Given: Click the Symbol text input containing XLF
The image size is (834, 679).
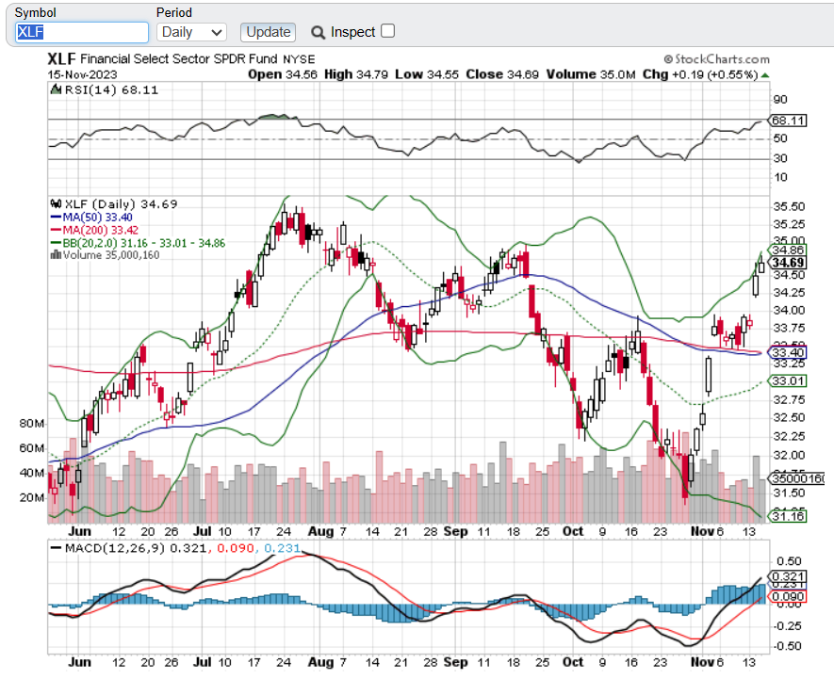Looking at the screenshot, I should pyautogui.click(x=82, y=32).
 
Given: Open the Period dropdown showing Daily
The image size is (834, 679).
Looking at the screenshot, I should pyautogui.click(x=191, y=32).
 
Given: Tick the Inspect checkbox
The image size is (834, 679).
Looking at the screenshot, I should pyautogui.click(x=387, y=31).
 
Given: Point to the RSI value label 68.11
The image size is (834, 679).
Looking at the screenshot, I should pyautogui.click(x=788, y=121).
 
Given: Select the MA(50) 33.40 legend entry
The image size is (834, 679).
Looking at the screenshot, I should pyautogui.click(x=95, y=217).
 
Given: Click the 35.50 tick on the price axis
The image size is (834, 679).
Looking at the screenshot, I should pyautogui.click(x=788, y=206).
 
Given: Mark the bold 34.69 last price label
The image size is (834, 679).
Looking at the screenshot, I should pyautogui.click(x=788, y=263).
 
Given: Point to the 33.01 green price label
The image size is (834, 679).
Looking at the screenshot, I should pyautogui.click(x=788, y=380).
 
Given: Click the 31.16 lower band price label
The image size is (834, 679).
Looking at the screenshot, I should pyautogui.click(x=788, y=516).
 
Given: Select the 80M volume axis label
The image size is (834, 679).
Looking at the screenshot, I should pyautogui.click(x=32, y=424).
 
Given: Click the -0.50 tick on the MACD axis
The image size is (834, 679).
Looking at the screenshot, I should pyautogui.click(x=787, y=646).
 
